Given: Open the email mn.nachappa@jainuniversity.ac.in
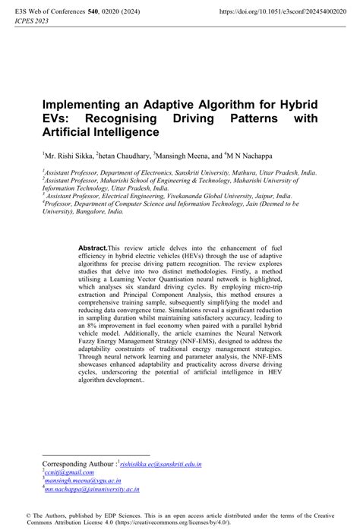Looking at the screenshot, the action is pos(92,490).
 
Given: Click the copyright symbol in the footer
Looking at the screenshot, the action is pos(28,515).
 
